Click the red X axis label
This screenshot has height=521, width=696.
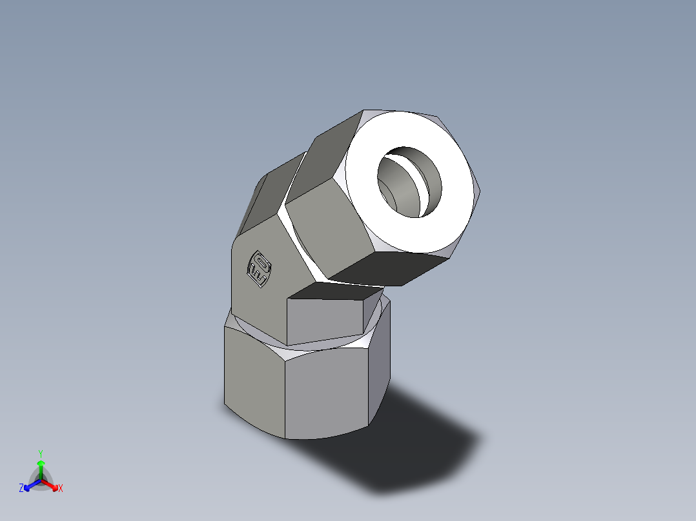[x=61, y=489]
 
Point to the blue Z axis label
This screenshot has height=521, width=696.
[x=21, y=489]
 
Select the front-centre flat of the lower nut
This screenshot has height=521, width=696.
[x=326, y=393]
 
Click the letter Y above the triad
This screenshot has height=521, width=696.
[x=41, y=453]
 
